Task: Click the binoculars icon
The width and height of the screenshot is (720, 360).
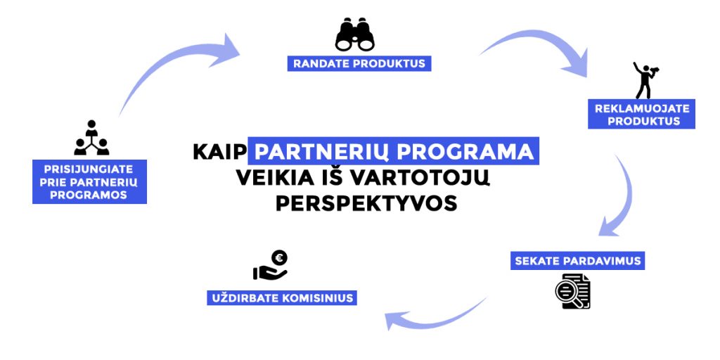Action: [x=354, y=34]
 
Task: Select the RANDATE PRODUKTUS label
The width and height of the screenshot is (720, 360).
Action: [x=359, y=63]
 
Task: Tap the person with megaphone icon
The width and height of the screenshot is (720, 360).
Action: [x=645, y=80]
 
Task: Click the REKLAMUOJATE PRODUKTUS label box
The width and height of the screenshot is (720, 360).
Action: [x=641, y=115]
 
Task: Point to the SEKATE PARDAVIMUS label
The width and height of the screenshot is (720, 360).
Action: [x=578, y=261]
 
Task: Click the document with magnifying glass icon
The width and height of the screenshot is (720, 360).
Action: [x=572, y=291]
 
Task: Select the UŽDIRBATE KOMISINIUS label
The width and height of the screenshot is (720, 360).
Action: [x=282, y=297]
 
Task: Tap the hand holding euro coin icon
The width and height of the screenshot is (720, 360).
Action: [x=271, y=265]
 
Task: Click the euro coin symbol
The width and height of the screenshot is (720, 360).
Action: [x=279, y=257]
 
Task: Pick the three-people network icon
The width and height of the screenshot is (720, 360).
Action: [x=91, y=138]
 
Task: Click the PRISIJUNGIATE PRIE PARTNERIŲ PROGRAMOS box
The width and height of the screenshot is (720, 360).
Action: [x=89, y=182]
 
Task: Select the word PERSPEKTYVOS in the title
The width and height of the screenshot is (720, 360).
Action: [x=366, y=203]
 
